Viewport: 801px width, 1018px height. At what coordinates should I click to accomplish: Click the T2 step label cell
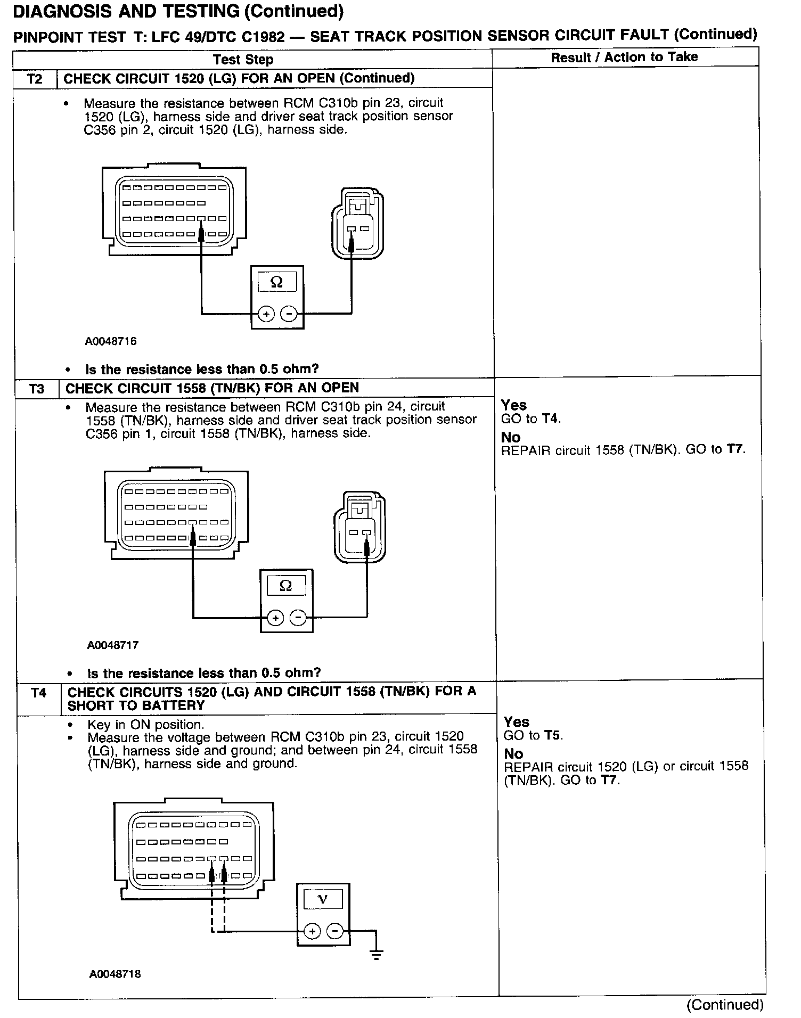point(35,79)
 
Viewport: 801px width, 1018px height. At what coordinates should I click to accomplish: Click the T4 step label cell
point(38,693)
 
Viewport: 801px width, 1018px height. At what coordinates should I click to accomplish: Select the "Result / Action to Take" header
point(624,58)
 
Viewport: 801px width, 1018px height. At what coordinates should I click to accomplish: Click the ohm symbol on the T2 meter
point(276,282)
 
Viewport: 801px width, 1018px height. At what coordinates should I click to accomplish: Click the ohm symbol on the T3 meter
point(285,586)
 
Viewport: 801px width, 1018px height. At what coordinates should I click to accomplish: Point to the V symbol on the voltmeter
point(323,899)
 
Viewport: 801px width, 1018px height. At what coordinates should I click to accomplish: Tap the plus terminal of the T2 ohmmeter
point(266,314)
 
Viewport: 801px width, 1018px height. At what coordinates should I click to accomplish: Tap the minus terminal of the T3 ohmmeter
point(298,618)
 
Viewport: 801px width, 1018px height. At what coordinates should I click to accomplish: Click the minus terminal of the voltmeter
point(335,931)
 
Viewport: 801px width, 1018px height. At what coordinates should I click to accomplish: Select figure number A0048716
point(111,341)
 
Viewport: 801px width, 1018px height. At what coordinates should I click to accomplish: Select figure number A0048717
point(113,645)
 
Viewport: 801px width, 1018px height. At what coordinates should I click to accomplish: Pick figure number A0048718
point(115,974)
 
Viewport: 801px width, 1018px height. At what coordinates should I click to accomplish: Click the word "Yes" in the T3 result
point(514,405)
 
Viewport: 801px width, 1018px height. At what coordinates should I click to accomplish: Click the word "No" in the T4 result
point(513,754)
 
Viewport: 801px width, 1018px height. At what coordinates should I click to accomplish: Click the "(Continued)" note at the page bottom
point(725,1004)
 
